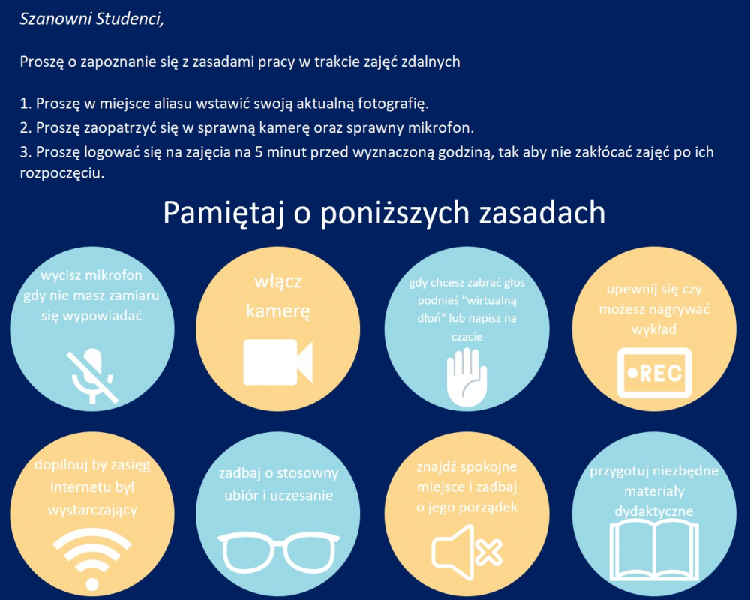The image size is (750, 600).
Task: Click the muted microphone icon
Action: [92, 376]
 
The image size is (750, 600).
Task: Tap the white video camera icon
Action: [278, 362]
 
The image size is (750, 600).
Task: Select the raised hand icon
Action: [466, 377]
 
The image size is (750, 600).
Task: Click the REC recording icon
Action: [654, 373]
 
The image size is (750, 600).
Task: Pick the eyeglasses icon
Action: [278, 553]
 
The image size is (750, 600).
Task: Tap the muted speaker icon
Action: [466, 552]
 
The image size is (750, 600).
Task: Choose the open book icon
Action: [654, 550]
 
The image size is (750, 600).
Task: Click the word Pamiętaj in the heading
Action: [223, 213]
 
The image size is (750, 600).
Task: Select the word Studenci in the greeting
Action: [129, 19]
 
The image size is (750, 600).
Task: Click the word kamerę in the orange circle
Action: [278, 311]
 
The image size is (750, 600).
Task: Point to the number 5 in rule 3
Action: [258, 152]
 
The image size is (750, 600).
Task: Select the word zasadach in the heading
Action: [542, 213]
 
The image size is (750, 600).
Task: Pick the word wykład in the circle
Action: [654, 329]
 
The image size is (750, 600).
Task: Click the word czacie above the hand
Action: [466, 336]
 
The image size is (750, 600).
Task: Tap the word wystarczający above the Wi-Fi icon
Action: [92, 510]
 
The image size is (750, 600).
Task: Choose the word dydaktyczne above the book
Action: [654, 511]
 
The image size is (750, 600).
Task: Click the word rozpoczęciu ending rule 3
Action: [61, 173]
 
